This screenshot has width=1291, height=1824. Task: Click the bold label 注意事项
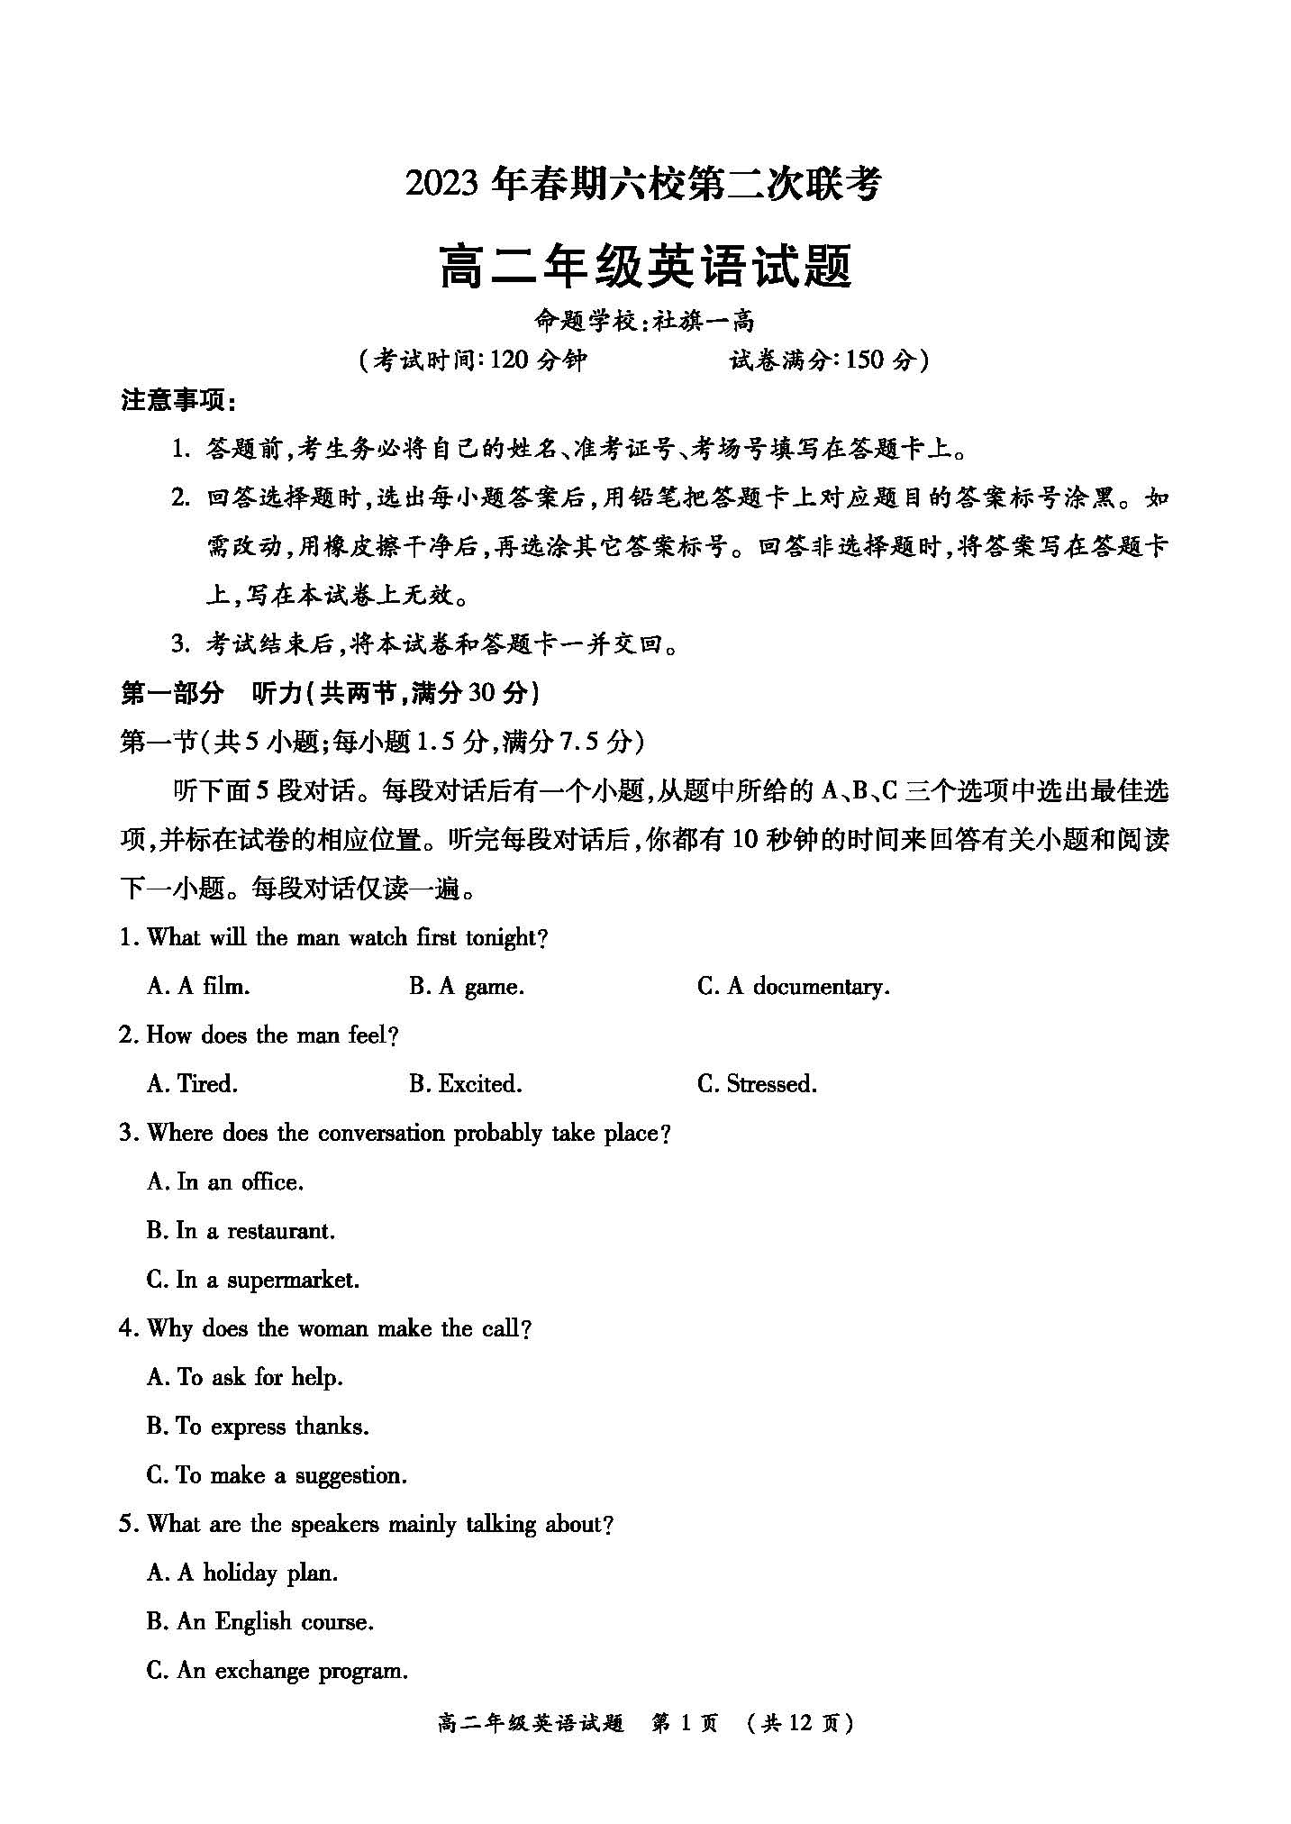tap(177, 401)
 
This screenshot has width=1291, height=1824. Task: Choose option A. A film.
tap(198, 987)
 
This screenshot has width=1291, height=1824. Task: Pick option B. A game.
tap(466, 987)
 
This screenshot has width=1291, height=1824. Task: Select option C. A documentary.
tap(793, 987)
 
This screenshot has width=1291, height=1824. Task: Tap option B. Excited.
tap(465, 1084)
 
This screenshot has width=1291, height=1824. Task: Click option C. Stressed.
tap(757, 1084)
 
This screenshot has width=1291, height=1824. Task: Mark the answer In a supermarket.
tap(253, 1280)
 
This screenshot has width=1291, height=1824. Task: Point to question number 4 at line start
tap(127, 1329)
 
